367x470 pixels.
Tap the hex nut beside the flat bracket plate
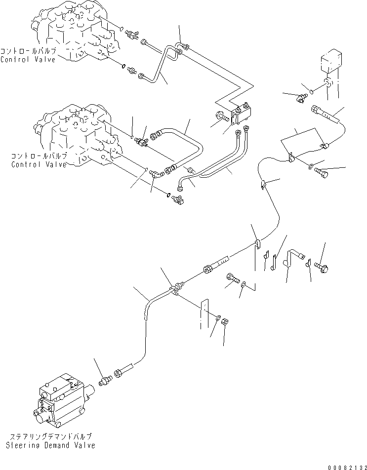223,321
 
